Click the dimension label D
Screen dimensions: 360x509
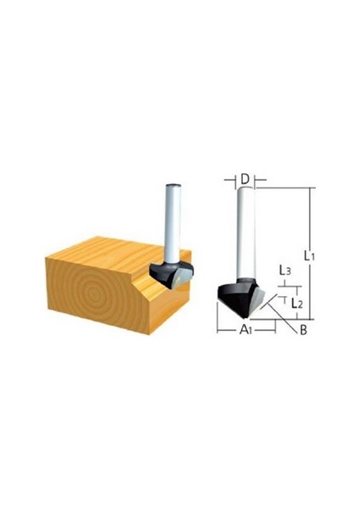pyautogui.click(x=245, y=179)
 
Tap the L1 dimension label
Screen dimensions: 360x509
pyautogui.click(x=309, y=256)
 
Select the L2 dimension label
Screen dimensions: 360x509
pyautogui.click(x=297, y=304)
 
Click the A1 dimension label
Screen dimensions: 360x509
pyautogui.click(x=246, y=330)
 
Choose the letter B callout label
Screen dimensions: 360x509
pyautogui.click(x=303, y=330)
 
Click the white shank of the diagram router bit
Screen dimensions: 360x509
pyautogui.click(x=245, y=233)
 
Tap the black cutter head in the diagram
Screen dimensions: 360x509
pyautogui.click(x=235, y=297)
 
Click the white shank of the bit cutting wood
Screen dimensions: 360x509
pyautogui.click(x=173, y=224)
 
